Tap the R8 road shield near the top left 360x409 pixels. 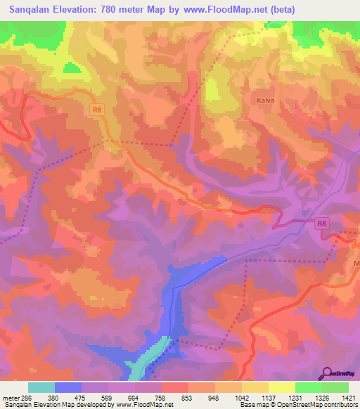coord(97,109)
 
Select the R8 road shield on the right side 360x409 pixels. coord(321,223)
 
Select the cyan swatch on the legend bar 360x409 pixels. coord(41,387)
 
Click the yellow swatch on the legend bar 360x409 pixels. coord(282,387)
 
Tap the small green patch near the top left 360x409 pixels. coord(71,68)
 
